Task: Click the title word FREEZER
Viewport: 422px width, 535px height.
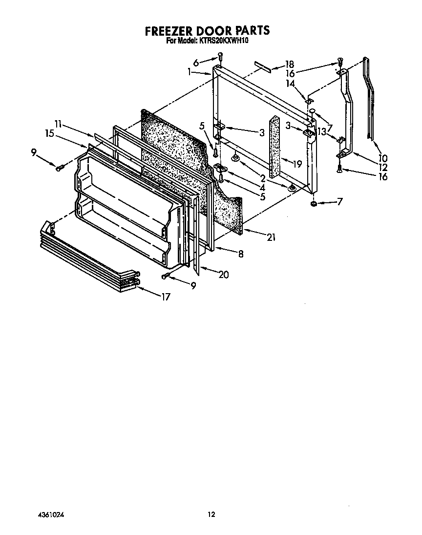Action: [x=169, y=31]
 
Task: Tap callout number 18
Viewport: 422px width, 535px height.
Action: [x=289, y=64]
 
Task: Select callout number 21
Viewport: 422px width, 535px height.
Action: [x=271, y=237]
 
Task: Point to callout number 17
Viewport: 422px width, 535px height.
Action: [x=166, y=297]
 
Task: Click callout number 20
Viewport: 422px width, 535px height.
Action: [x=224, y=275]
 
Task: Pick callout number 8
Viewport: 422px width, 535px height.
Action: [x=241, y=254]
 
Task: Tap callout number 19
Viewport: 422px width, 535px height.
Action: [x=297, y=164]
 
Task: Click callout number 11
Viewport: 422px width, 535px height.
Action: [x=58, y=124]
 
